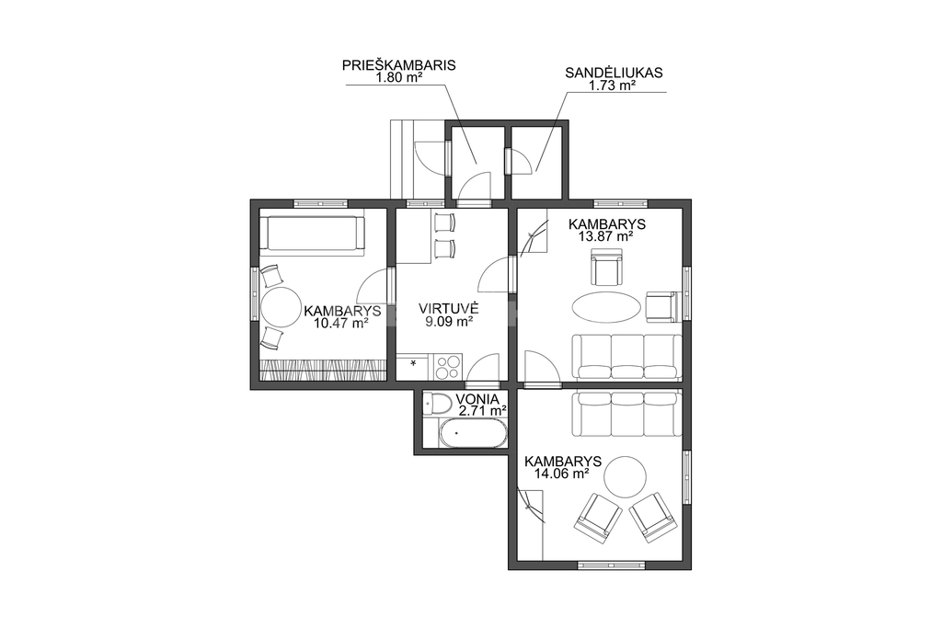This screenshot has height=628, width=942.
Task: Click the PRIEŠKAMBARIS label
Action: point(399,65)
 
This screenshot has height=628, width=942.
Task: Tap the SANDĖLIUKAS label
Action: point(614,73)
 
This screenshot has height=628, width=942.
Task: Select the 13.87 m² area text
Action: point(606,236)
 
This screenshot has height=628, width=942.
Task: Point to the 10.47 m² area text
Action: point(340,323)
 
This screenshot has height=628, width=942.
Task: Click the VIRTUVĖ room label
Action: point(448,309)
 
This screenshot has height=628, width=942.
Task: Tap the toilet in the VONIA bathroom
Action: point(437,404)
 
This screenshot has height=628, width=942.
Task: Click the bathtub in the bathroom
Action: point(473,433)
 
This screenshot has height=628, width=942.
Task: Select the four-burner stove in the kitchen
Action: point(448,367)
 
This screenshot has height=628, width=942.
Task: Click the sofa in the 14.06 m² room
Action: point(626,415)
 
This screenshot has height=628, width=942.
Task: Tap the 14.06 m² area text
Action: point(561,474)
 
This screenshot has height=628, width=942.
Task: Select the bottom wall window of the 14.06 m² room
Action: point(611,565)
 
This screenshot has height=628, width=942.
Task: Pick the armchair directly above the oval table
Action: point(606,269)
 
